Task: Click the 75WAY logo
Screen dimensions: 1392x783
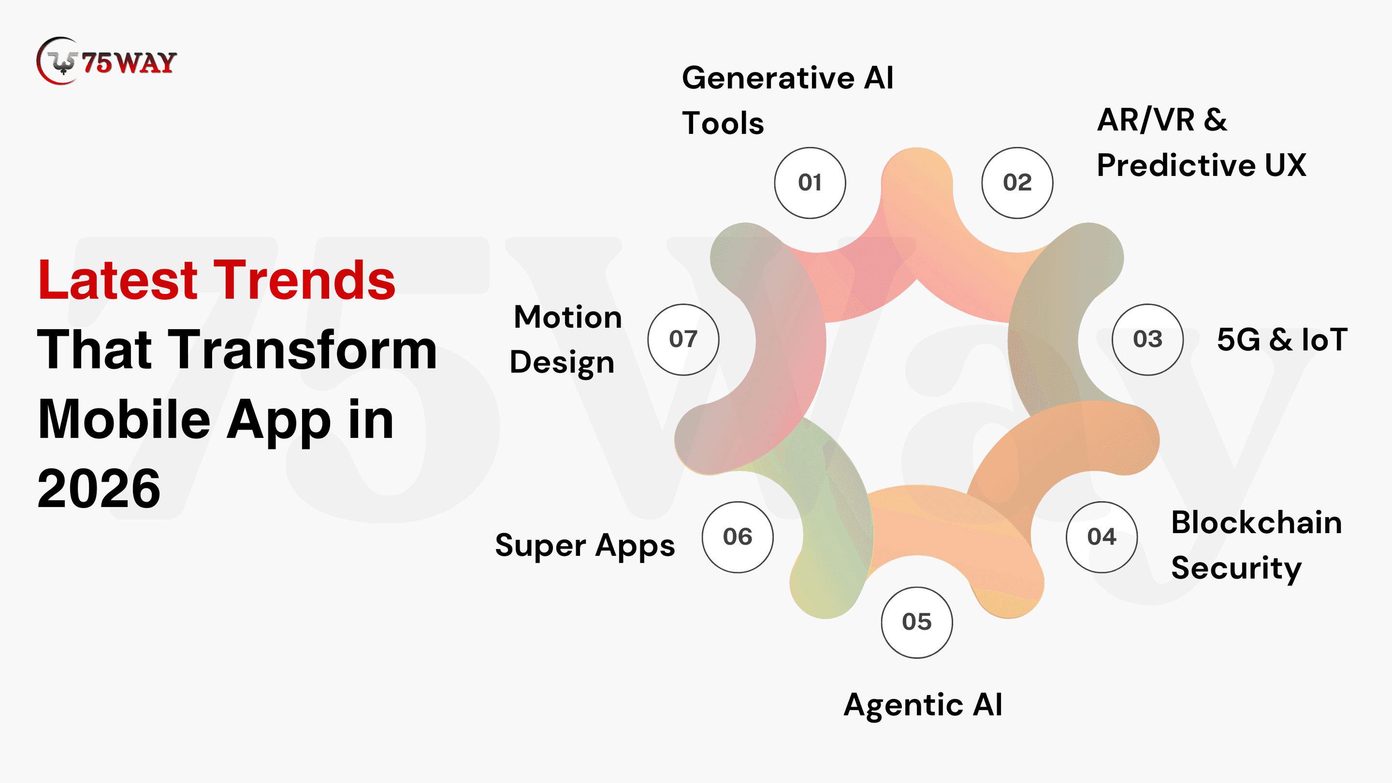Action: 106,61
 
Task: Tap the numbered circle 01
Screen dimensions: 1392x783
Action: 810,183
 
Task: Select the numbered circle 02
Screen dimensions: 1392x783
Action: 1017,183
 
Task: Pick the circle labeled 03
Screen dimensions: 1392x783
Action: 1147,339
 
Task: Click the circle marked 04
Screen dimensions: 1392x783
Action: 1102,537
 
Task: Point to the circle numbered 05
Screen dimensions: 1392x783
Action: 916,623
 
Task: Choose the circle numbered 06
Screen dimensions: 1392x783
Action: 737,537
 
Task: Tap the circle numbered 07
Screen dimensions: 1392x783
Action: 683,339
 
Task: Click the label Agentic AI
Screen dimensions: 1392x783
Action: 923,705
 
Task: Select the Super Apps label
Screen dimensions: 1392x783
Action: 585,545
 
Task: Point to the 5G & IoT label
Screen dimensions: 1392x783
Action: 1282,339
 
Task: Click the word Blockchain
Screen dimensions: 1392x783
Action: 1256,522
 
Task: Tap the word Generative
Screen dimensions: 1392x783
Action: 768,78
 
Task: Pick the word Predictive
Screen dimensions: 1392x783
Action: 1176,165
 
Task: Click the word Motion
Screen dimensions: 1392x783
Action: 567,317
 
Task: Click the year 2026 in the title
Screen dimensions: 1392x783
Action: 99,488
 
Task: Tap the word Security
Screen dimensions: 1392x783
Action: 1236,569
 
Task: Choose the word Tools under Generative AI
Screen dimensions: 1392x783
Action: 723,123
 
